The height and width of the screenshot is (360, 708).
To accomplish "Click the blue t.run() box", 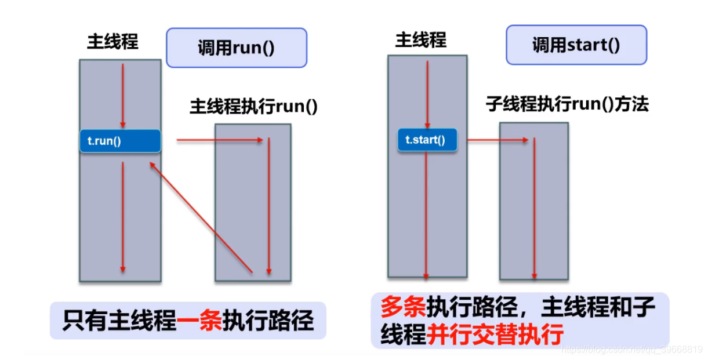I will click(120, 141).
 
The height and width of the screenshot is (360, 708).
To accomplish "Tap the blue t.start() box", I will click(427, 140).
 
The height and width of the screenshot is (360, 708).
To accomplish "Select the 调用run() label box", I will click(236, 48).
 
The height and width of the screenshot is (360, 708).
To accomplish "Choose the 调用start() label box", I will click(576, 45).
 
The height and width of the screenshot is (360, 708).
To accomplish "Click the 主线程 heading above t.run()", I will click(112, 42).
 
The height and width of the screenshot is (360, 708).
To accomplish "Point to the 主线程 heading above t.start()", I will click(420, 39).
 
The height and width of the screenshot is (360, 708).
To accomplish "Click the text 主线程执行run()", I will click(253, 107).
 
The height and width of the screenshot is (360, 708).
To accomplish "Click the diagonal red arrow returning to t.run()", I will click(201, 217).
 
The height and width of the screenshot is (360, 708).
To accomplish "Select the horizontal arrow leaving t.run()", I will click(220, 140).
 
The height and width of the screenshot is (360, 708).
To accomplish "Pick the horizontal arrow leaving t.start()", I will click(497, 140).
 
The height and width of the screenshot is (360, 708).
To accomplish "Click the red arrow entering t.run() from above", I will click(123, 96).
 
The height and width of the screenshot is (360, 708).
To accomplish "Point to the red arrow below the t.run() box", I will click(123, 217).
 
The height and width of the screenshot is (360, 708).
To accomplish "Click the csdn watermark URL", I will click(633, 350).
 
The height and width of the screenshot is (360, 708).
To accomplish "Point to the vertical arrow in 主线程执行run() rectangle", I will click(268, 206).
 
